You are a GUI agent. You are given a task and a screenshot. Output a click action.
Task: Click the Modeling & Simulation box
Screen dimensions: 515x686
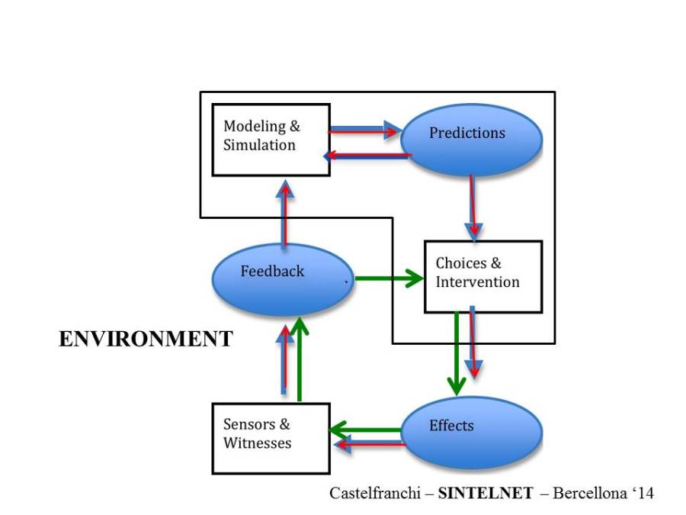click(x=271, y=140)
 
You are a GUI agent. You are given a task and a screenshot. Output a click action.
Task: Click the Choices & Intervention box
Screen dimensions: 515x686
click(x=482, y=276)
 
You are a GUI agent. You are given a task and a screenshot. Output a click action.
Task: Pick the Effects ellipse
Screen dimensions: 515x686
click(x=471, y=431)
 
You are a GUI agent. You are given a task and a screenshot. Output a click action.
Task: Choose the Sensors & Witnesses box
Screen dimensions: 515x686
click(x=271, y=438)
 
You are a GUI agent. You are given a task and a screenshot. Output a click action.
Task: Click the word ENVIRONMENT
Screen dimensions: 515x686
click(x=146, y=340)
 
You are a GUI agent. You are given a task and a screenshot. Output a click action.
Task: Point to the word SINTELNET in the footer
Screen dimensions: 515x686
click(x=486, y=493)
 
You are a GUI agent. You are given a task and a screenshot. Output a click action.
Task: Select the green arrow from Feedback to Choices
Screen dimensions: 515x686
click(x=389, y=278)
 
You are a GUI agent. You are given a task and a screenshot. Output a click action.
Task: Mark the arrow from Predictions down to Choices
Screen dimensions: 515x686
click(x=473, y=206)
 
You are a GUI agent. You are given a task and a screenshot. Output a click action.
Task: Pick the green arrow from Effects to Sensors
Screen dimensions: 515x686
click(x=366, y=430)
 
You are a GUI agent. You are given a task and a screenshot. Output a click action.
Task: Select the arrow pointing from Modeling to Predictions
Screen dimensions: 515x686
click(x=364, y=130)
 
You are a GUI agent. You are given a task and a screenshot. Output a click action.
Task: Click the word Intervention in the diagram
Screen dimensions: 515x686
click(x=477, y=282)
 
